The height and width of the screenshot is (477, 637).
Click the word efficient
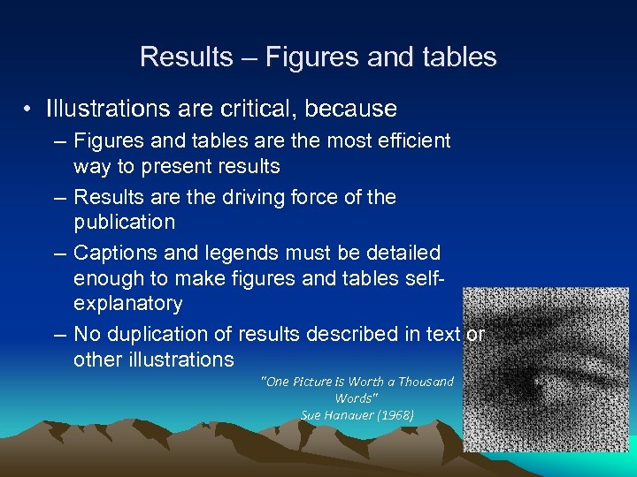coord(411,140)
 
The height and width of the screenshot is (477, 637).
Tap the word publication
coord(124,221)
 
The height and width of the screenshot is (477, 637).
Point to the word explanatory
coord(127,304)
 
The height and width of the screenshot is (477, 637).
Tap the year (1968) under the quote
coord(394,414)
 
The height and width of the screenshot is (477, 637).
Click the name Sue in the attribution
coord(311,414)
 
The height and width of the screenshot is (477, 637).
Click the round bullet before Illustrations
coord(30,110)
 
